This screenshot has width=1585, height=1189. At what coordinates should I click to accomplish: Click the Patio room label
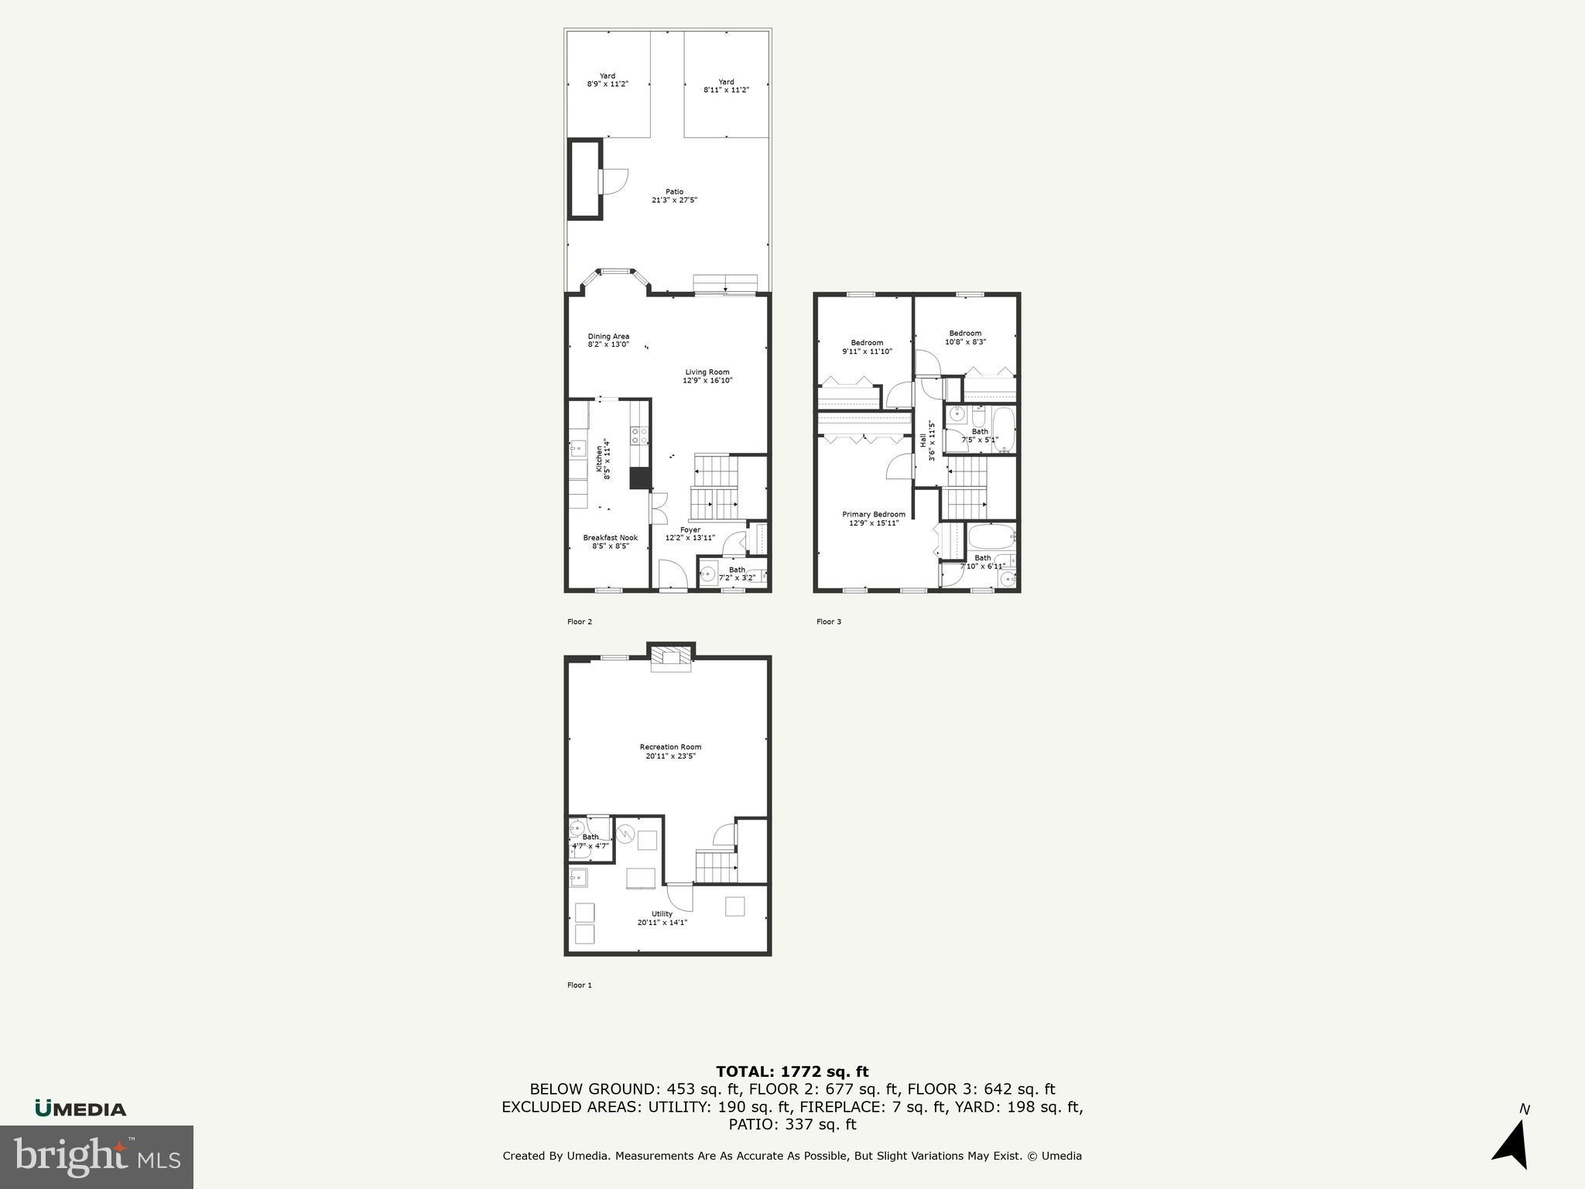coord(674,196)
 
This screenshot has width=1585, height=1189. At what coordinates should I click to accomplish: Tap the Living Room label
coord(707,376)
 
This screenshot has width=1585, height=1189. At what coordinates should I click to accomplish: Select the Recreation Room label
coord(670,751)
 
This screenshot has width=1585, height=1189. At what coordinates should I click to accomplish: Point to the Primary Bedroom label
coord(873,519)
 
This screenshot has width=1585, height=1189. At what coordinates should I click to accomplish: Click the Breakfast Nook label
coord(610,541)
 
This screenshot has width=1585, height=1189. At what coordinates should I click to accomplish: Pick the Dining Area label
coord(608,340)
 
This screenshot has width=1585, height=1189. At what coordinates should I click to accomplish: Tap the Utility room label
coord(662,918)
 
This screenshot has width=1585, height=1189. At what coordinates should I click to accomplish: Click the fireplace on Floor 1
coord(670,657)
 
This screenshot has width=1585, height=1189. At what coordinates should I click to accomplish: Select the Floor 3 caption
coord(828,622)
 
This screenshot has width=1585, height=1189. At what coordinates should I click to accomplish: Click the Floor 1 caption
coord(579,985)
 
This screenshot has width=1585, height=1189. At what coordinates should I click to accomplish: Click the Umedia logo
coord(80,1108)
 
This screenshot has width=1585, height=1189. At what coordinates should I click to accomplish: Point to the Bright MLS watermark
coord(96,1156)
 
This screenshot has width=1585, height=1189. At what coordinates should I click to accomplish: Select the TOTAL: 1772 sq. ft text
coord(792,1071)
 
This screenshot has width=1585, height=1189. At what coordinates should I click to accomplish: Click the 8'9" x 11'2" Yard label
coord(608,80)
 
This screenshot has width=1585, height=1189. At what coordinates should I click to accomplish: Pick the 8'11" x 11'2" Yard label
coord(726,85)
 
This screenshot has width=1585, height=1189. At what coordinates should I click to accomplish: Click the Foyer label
coord(690,533)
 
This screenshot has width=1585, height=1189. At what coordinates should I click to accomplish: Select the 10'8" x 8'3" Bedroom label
coord(965,338)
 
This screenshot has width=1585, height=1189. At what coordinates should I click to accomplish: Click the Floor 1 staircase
coord(714,866)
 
